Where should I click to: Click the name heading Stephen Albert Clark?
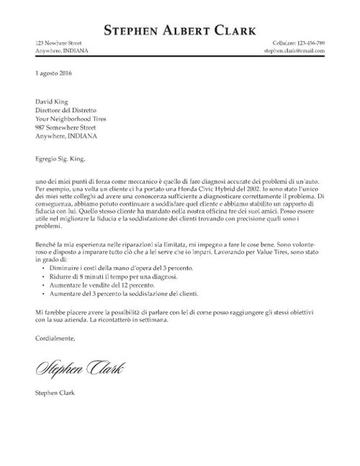(x=180, y=30)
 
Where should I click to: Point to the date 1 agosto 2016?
(x=53, y=73)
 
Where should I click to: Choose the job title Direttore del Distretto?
(x=65, y=112)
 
